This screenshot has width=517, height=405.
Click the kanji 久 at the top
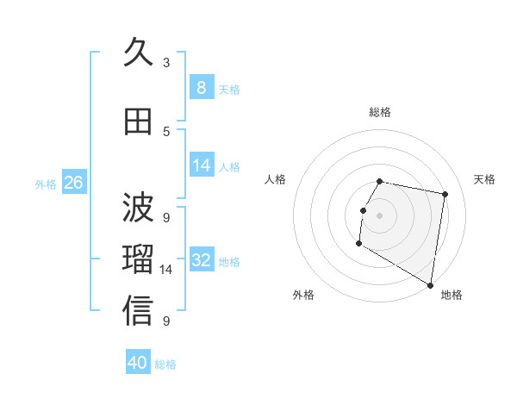coord(138,53)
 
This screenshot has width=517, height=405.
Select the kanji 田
coord(138,121)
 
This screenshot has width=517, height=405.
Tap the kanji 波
coord(138,208)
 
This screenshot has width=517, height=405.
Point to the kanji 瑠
coord(138,259)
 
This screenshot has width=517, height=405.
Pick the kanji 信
coord(138,311)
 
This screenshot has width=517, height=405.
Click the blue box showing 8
coord(201,87)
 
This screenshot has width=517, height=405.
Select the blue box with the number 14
coord(201,165)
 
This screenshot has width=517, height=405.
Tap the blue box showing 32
coord(201,260)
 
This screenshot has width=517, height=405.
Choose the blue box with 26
coord(73,183)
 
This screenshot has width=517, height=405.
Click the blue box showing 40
coord(138,363)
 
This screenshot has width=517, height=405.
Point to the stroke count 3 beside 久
coord(166,62)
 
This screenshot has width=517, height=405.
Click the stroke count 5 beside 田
coord(166,131)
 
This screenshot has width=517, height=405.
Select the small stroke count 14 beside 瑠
coord(166,270)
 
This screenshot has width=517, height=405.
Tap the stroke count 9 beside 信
coord(166,321)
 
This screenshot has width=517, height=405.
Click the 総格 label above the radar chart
coord(380,112)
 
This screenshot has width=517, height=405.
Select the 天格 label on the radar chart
coord(484,179)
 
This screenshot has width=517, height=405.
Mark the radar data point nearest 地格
coord(430,285)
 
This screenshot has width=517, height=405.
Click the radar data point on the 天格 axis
coord(445,195)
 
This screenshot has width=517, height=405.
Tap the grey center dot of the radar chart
coord(379,215)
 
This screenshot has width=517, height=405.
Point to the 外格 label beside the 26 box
coord(46,184)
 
